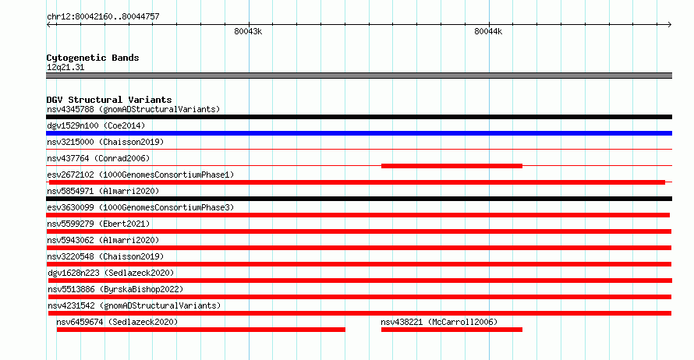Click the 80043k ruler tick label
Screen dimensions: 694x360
[x=248, y=31]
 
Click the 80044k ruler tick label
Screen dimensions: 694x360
[x=488, y=31]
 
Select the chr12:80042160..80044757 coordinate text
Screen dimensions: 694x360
[x=103, y=17]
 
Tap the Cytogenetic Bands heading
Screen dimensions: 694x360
[x=93, y=58]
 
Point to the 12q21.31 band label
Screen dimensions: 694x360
[x=66, y=67]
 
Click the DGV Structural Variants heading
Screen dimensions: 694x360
[x=109, y=100]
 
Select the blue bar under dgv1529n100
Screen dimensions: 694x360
[x=359, y=133]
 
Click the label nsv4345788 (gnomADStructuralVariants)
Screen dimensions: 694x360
[x=133, y=109]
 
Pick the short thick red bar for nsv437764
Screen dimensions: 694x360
[x=451, y=166]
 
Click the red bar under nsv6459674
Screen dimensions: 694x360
[x=201, y=330]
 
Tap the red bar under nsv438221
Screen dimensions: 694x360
[x=451, y=330]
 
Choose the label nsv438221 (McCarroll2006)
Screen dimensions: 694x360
[x=439, y=322]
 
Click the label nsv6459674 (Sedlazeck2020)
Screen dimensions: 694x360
[x=117, y=322]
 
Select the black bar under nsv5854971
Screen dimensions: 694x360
[x=359, y=199]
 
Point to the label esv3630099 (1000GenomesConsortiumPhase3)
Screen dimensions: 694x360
[x=140, y=207]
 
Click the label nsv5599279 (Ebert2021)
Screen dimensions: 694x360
[x=98, y=224]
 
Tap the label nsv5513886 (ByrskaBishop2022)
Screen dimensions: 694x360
[x=115, y=289]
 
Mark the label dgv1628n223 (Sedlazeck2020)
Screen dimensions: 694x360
[x=111, y=273]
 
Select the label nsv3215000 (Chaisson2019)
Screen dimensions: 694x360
[x=105, y=142]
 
